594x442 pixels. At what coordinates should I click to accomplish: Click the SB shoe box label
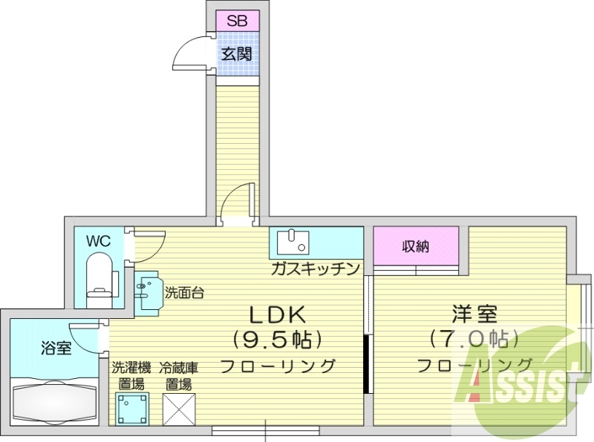coord(237,20)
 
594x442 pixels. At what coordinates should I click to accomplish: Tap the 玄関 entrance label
coord(237,53)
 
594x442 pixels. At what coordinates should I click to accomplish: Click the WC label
coord(97,241)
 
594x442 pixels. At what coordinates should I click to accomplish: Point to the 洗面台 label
coord(184,292)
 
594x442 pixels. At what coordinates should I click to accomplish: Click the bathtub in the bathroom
coord(55,401)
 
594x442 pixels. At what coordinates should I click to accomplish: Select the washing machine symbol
coord(132,407)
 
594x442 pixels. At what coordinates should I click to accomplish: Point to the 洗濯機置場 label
coord(132,375)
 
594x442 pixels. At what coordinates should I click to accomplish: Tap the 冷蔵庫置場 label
coord(178,375)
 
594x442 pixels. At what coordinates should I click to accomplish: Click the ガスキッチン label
coord(316,268)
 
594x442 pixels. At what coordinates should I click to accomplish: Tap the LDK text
coord(278,314)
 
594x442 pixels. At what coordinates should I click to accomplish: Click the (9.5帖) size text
coord(278,340)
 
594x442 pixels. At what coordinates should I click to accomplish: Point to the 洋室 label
coord(474,314)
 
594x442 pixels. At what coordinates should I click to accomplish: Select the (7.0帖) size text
coord(474,340)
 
